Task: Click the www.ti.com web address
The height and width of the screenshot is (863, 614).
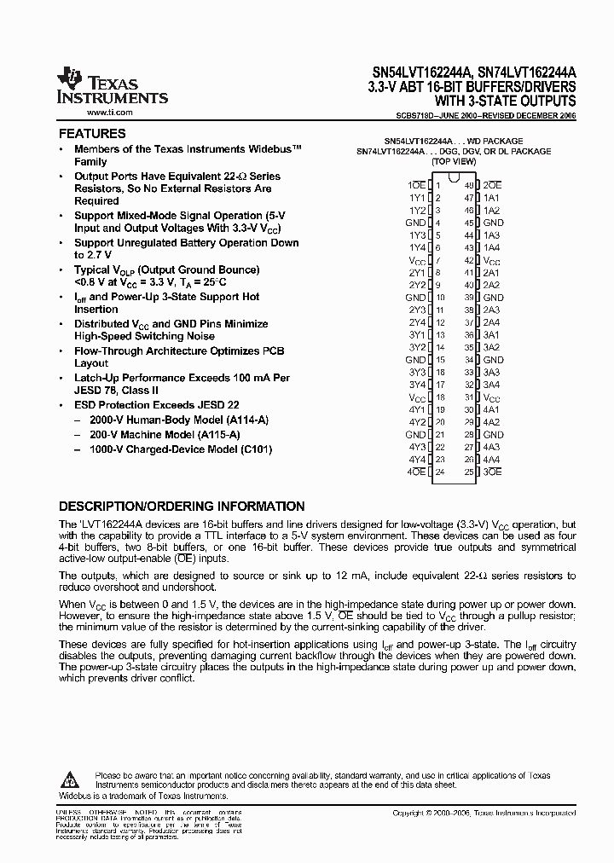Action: [x=109, y=113]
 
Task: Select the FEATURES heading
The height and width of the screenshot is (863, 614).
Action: [x=91, y=134]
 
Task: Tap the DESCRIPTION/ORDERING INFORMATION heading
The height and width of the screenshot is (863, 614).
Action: [x=181, y=506]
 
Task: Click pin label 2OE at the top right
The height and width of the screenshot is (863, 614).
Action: [x=492, y=184]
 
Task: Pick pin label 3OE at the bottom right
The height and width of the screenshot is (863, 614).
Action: [x=492, y=472]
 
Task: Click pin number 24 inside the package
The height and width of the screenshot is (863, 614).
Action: [x=440, y=472]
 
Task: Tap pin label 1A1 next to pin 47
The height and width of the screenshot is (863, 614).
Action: [x=491, y=197]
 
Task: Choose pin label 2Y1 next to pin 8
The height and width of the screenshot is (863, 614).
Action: [x=416, y=272]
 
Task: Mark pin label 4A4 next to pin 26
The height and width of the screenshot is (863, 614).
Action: [x=491, y=459]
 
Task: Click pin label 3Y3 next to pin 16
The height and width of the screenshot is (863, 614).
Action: [x=416, y=372]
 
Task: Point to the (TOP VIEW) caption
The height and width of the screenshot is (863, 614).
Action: [x=453, y=161]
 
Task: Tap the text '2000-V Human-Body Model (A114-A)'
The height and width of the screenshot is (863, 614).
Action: [x=166, y=420]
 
